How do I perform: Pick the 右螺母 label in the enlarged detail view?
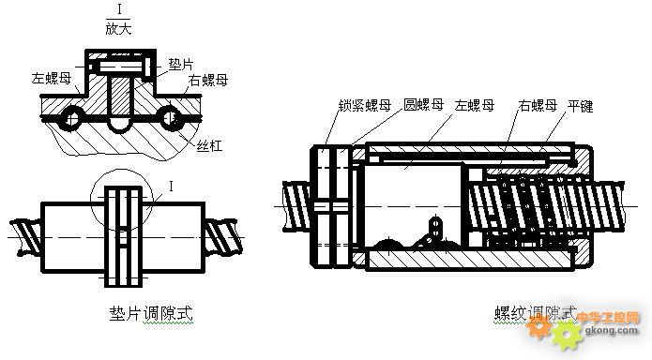click(208, 81)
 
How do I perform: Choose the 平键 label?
click(582, 105)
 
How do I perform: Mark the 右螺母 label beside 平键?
click(538, 105)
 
